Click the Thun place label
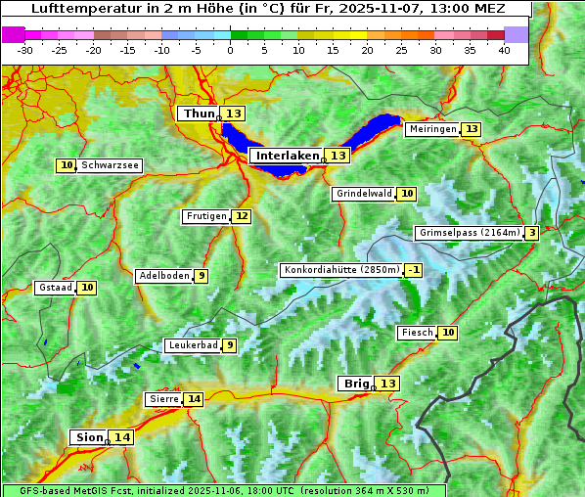coord(198,114)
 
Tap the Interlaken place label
coord(288,156)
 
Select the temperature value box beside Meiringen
coord(472,129)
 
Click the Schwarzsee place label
coord(109,165)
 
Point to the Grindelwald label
coord(363,194)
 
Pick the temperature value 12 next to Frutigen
coord(242,216)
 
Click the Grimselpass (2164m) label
coord(469,233)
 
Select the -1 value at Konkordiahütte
coord(414,270)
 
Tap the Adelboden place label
coord(163,276)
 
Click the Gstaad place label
coord(55,288)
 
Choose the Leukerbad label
coord(192,345)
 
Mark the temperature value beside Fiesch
coord(448,333)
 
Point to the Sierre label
coord(163,399)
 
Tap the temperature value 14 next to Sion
coord(121,437)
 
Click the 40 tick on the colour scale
coord(504,50)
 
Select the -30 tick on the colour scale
coord(25,50)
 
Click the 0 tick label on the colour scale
coord(231,50)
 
